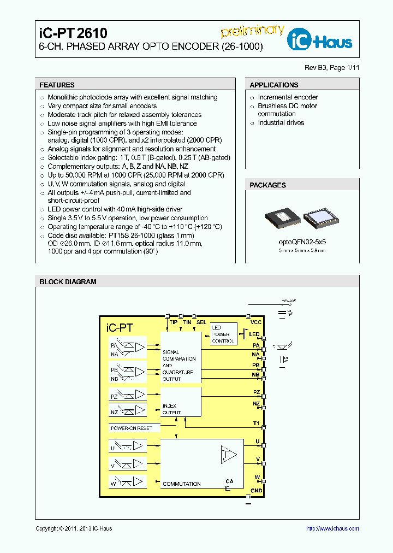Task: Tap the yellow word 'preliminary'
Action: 252,31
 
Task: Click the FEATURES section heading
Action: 57,85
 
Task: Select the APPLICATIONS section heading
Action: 274,85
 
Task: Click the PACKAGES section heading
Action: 267,185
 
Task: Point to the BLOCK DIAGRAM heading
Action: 68,282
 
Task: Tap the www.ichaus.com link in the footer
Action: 332,528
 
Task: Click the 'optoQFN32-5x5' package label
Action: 302,241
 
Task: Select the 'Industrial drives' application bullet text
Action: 281,123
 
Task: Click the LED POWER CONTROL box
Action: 223,334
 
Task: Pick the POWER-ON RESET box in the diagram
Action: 132,428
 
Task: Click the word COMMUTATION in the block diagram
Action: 182,484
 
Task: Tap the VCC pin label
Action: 256,322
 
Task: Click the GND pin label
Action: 256,491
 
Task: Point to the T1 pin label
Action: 256,423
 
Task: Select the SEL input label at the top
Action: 201,322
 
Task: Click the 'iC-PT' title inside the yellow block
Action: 120,328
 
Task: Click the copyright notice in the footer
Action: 74,528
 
